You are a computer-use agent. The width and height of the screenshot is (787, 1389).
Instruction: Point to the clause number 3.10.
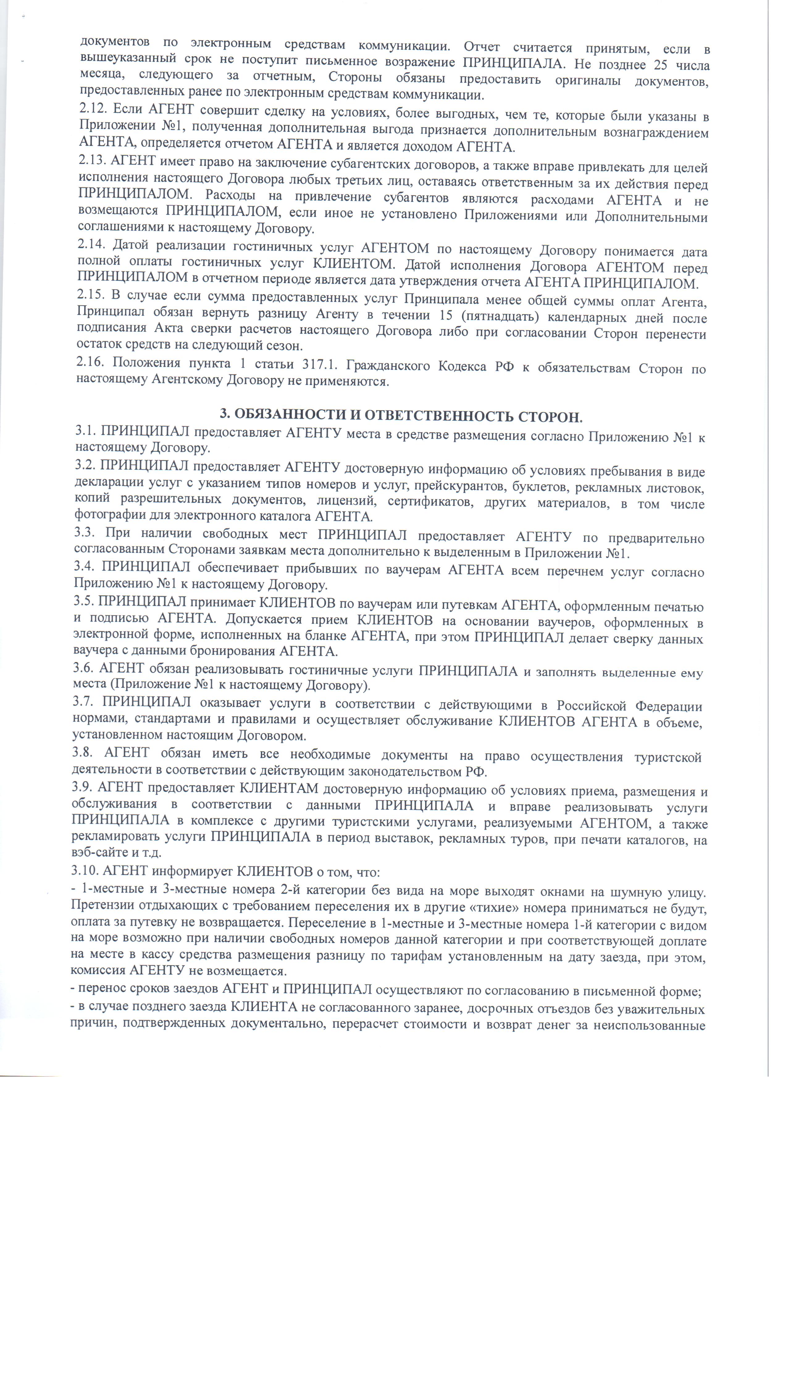86,871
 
